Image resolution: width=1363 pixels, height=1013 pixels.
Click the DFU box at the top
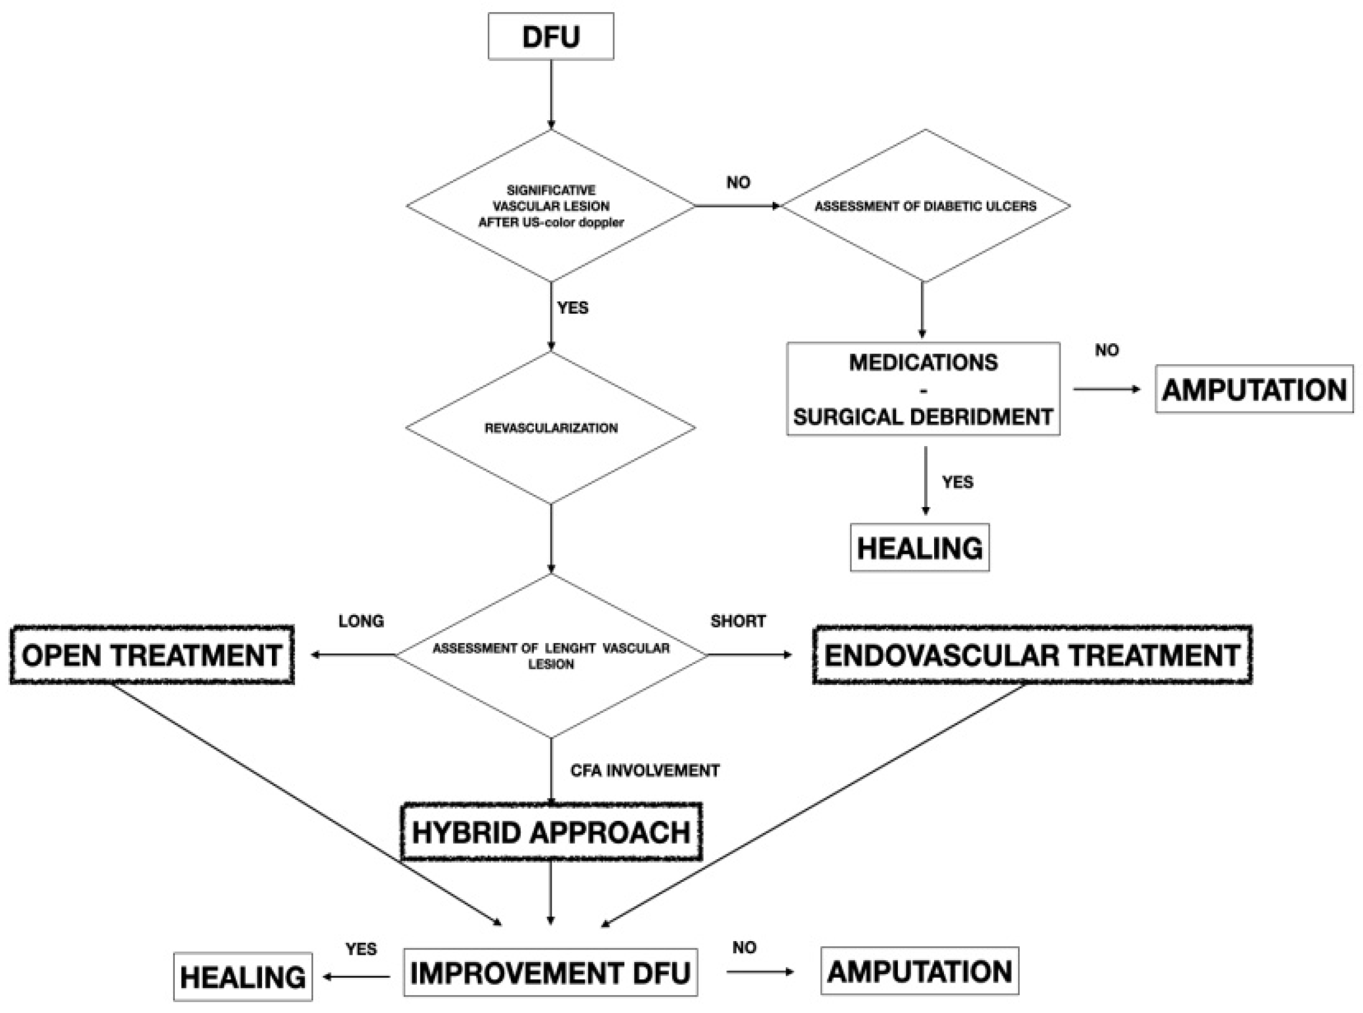tap(550, 37)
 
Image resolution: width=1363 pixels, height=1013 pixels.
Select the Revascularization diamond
tap(550, 427)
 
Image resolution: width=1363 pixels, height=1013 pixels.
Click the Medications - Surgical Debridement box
tap(922, 389)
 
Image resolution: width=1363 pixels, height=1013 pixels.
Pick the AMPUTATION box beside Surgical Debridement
tap(1253, 389)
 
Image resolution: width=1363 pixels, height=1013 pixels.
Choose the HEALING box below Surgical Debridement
tap(919, 547)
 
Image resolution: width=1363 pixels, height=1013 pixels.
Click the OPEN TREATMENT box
tap(152, 655)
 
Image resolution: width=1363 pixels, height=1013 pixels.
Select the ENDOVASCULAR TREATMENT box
tap(1031, 655)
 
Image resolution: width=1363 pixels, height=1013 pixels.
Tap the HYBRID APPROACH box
tap(550, 831)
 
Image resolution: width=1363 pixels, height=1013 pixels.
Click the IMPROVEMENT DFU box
tap(550, 973)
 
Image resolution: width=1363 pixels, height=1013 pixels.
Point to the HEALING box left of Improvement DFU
tap(242, 977)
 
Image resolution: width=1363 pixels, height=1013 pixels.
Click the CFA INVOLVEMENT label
tap(644, 770)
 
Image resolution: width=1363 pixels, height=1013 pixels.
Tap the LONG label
tap(361, 621)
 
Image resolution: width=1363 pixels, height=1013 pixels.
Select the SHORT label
tap(737, 621)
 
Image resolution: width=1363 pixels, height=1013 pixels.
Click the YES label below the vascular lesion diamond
tap(572, 307)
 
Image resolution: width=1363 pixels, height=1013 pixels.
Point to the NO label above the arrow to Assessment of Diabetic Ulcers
tap(737, 182)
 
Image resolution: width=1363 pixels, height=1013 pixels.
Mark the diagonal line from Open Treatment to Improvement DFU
tap(307, 803)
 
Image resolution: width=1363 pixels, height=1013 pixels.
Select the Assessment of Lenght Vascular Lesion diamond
tap(550, 655)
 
